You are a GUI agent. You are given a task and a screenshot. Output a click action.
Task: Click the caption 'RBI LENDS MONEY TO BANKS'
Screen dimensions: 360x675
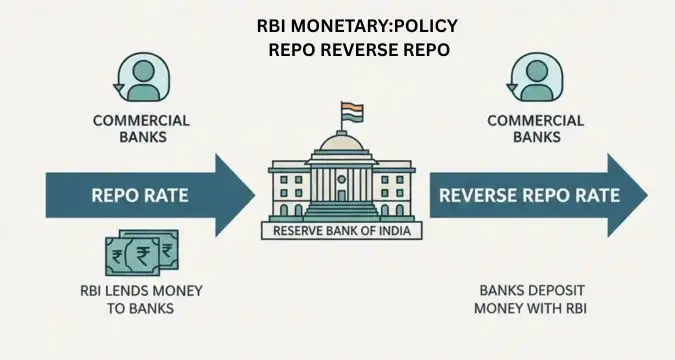140,300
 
